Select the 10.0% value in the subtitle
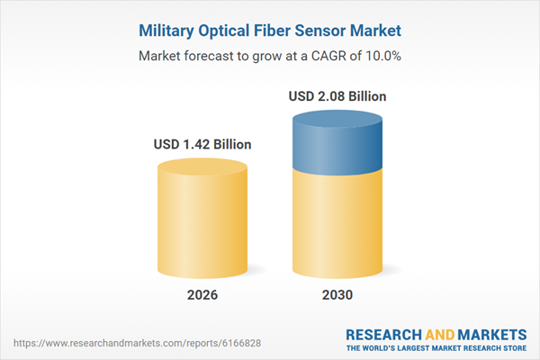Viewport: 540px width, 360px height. (382, 56)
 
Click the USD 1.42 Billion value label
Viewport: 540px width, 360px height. (202, 144)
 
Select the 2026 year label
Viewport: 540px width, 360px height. (202, 295)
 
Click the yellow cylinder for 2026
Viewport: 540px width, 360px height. (202, 225)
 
